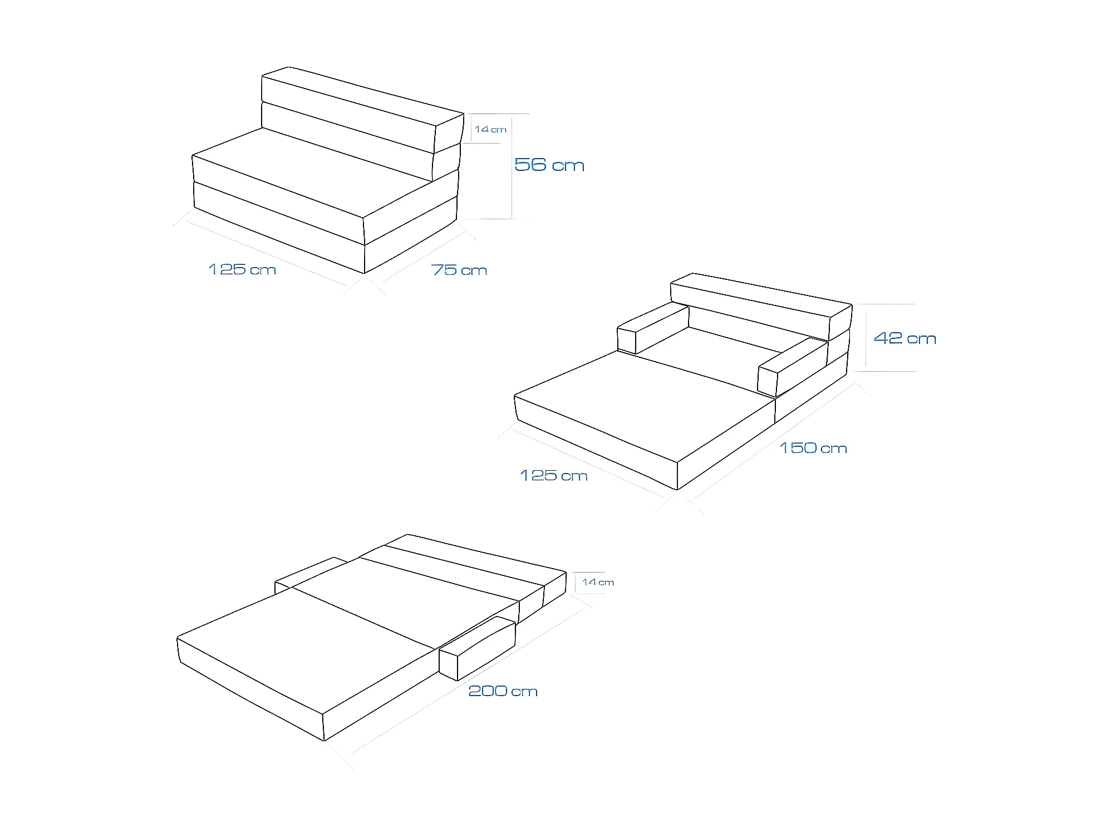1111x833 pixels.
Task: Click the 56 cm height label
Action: (x=549, y=165)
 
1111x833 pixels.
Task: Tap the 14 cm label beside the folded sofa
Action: (x=490, y=130)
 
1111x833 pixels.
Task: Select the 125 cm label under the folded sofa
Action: (x=242, y=269)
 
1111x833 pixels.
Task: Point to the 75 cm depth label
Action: (x=459, y=270)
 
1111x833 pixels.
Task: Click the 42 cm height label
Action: (x=904, y=338)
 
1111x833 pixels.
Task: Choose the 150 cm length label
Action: (x=813, y=448)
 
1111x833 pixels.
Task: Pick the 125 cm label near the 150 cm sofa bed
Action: (x=554, y=476)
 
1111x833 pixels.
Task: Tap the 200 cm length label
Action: (x=503, y=691)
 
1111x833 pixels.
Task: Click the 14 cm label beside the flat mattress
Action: (x=598, y=583)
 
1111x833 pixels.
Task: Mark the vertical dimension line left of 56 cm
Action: (x=512, y=167)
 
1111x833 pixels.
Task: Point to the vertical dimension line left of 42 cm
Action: (x=866, y=337)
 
